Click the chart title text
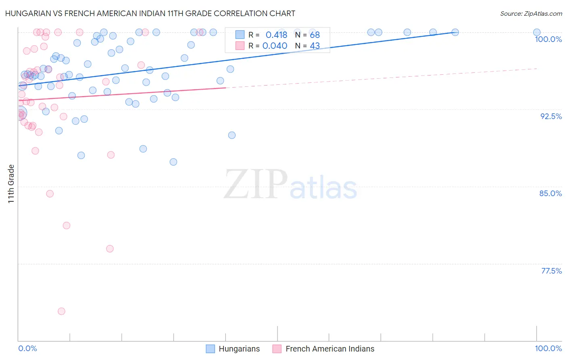pyautogui.click(x=150, y=13)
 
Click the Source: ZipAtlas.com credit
pyautogui.click(x=531, y=14)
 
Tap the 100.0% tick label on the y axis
pyautogui.click(x=548, y=39)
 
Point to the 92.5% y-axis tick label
pyautogui.click(x=551, y=116)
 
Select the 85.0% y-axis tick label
pyautogui.click(x=550, y=193)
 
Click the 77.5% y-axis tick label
pyautogui.click(x=551, y=271)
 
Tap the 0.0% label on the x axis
pyautogui.click(x=27, y=348)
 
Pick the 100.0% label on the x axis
pyautogui.click(x=548, y=348)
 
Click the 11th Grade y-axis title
pyautogui.click(x=11, y=184)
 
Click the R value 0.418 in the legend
pyautogui.click(x=276, y=35)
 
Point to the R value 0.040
pyautogui.click(x=275, y=46)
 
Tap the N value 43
pyautogui.click(x=315, y=46)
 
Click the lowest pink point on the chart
pyautogui.click(x=61, y=311)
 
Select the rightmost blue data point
pyautogui.click(x=537, y=32)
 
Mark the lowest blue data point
pyautogui.click(x=173, y=162)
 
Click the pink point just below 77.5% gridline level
pyautogui.click(x=110, y=249)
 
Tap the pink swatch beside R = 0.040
pyautogui.click(x=240, y=46)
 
